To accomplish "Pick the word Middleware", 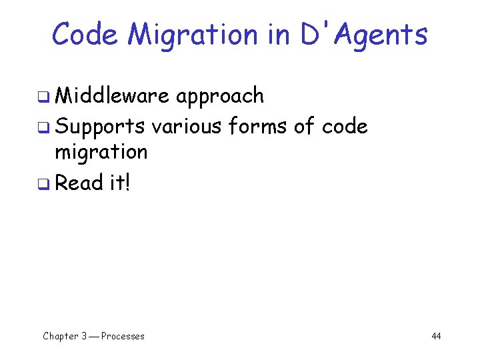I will pos(113,96).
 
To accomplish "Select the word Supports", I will pos(100,126).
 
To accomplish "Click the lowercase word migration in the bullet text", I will pos(101,153).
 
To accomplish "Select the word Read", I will pos(79,182).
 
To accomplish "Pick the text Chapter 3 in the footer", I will pos(65,336).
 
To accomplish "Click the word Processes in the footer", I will pos(123,336).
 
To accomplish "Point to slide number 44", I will pos(436,336).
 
